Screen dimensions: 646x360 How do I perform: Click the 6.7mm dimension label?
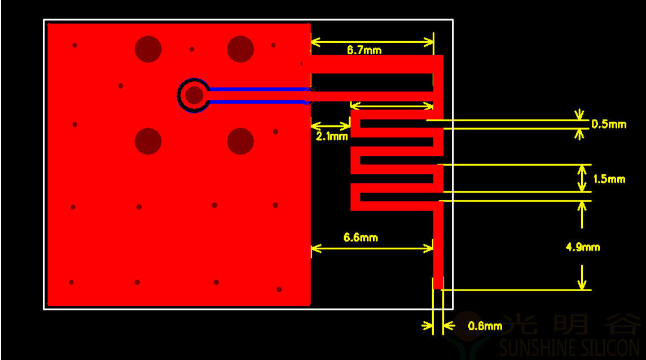(364, 50)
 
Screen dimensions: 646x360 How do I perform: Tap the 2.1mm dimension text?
(332, 137)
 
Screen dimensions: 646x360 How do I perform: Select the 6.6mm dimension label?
(361, 238)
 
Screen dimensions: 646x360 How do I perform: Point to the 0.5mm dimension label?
(609, 124)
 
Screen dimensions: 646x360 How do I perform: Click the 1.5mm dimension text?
(609, 179)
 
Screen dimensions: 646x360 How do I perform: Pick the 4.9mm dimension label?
(583, 247)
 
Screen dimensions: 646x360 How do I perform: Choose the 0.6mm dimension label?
(485, 326)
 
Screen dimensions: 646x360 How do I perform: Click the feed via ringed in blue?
(194, 95)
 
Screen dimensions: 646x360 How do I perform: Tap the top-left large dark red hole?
(148, 49)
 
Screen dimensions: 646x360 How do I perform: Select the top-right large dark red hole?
(240, 49)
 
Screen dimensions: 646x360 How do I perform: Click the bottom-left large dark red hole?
(148, 141)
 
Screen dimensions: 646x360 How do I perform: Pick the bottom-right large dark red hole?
(240, 141)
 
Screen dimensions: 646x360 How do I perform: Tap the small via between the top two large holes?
(192, 50)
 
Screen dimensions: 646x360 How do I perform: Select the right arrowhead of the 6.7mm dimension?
(429, 42)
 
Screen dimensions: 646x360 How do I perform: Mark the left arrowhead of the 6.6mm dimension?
(316, 248)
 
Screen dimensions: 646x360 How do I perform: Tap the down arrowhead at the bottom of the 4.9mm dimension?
(582, 284)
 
